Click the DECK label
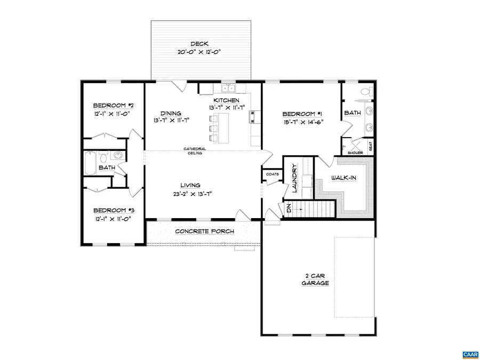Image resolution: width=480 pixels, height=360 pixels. click(201, 44)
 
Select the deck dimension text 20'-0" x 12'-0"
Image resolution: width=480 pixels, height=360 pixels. click(201, 52)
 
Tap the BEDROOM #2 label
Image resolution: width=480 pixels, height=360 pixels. click(112, 105)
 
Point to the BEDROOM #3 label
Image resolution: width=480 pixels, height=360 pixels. click(112, 210)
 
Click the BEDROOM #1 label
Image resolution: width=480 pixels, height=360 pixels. click(302, 114)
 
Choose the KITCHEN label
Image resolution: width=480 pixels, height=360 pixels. click(226, 100)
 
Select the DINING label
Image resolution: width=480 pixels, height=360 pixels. click(171, 113)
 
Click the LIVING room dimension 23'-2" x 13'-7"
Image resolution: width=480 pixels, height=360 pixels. click(193, 194)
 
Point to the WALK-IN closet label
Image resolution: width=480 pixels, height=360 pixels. click(344, 178)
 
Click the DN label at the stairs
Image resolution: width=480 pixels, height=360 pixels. click(289, 209)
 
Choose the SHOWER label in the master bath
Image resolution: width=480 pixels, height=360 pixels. click(355, 153)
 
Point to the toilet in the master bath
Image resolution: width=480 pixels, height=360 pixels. click(365, 92)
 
